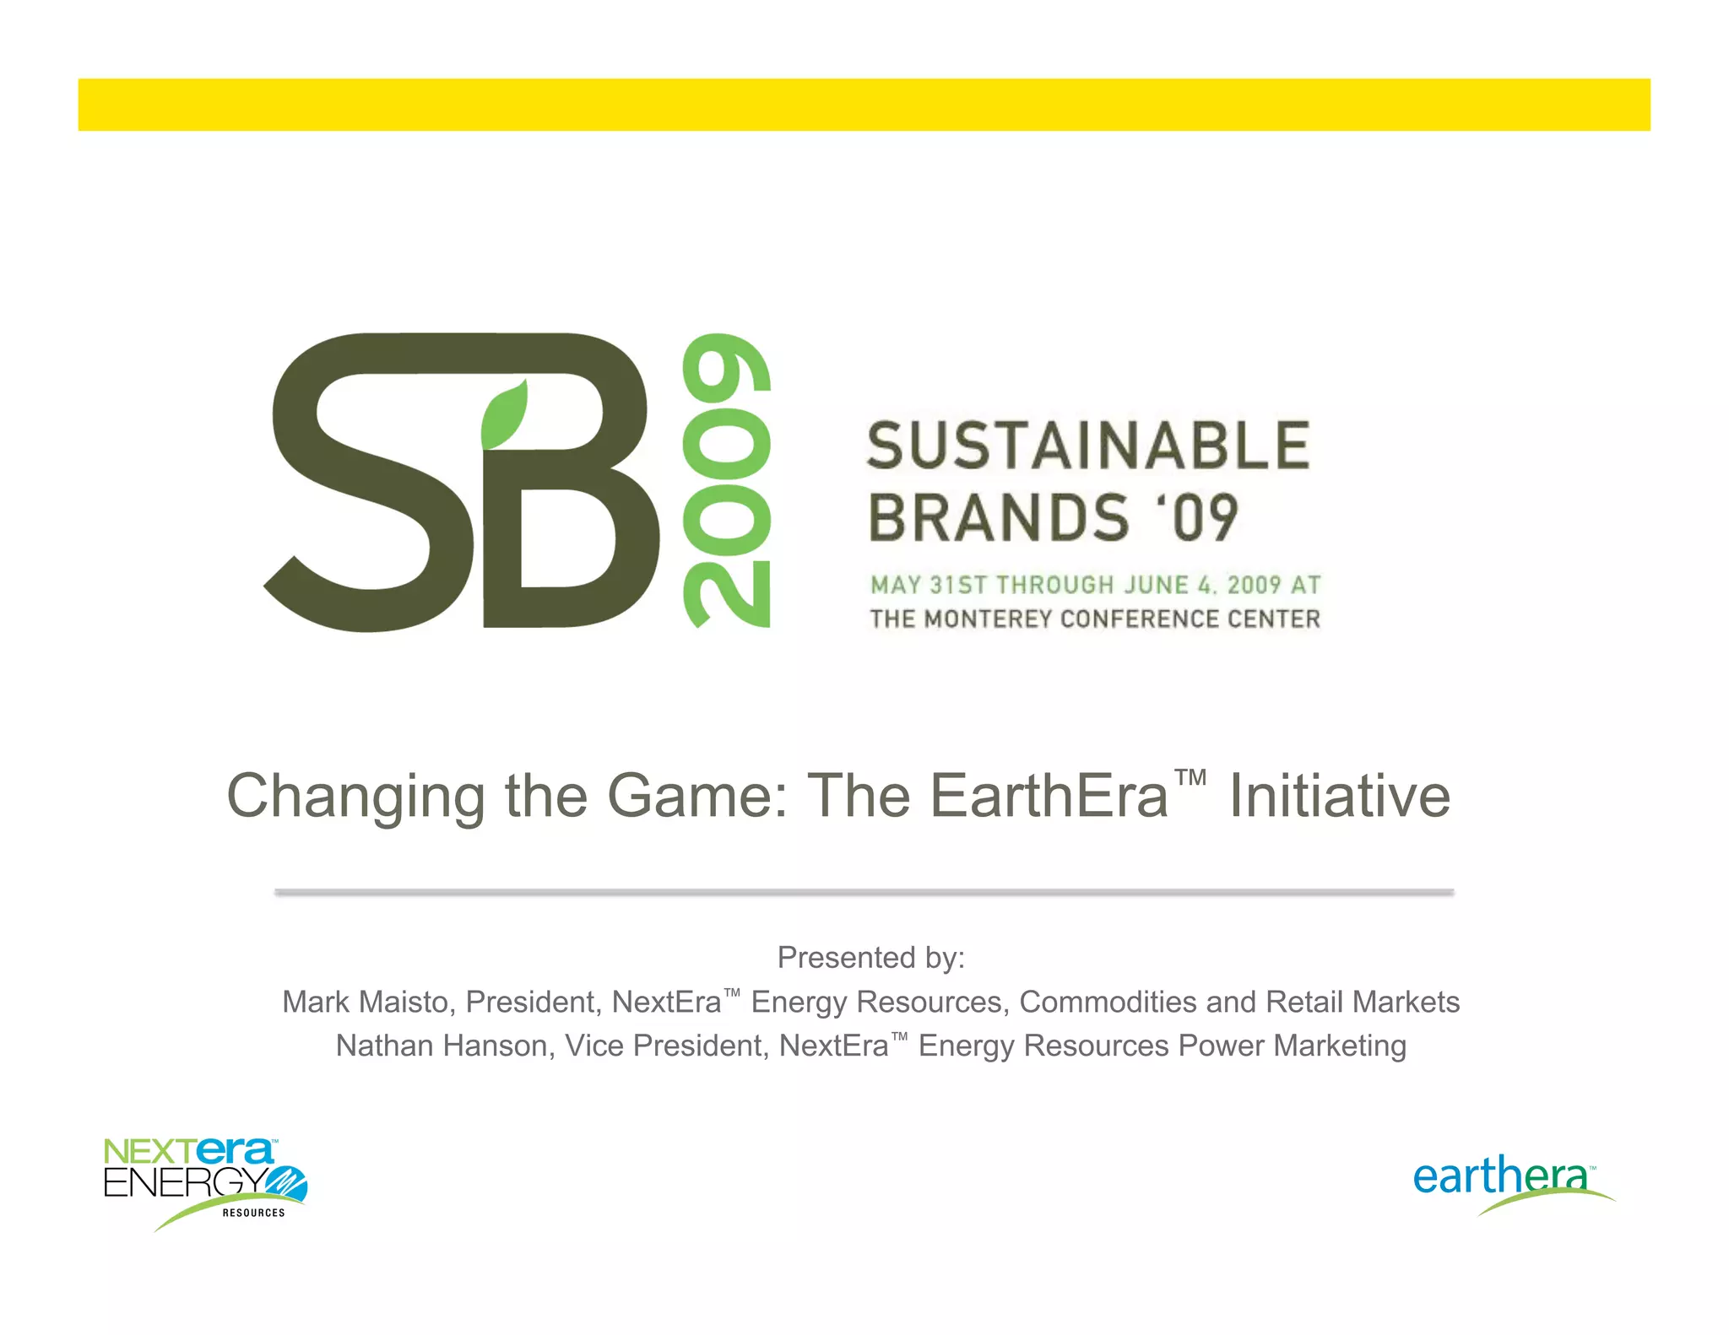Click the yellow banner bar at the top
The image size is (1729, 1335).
pos(864,105)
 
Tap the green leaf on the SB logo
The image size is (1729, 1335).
pos(505,415)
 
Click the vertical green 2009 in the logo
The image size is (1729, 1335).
pos(727,480)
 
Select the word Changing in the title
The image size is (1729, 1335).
pos(355,797)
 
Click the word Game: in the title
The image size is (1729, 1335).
pos(697,797)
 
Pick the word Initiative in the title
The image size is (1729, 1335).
pos(1339,797)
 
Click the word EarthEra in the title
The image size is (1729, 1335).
pos(1049,797)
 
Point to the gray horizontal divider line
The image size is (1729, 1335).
pos(864,891)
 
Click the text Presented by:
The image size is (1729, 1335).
pos(870,958)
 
